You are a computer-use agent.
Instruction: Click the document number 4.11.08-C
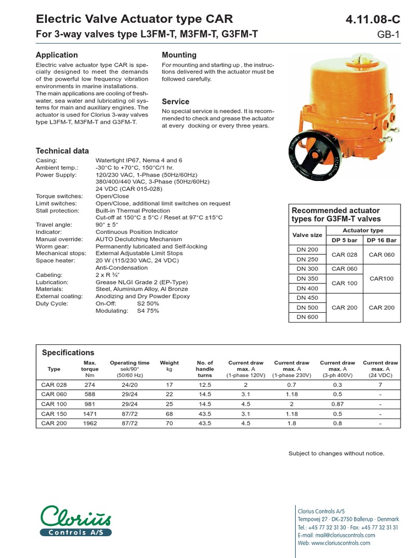point(373,20)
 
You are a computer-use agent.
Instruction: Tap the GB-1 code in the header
point(388,35)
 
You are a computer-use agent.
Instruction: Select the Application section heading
point(57,55)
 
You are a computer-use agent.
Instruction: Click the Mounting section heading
point(179,55)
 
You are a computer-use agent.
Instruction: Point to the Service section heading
point(176,102)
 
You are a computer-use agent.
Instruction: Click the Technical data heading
point(62,151)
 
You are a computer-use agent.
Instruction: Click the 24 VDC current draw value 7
point(380,385)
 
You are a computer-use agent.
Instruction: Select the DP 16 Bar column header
point(382,240)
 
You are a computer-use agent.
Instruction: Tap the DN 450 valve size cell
point(307,298)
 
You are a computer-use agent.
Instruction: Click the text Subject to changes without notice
point(336,453)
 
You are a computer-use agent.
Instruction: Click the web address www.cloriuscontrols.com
point(334,543)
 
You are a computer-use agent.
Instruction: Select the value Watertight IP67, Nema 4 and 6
point(139,161)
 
